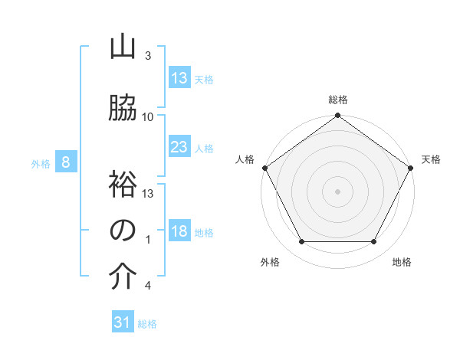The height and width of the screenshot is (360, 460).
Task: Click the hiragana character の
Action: click(x=123, y=231)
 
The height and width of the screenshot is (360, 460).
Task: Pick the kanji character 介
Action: click(x=123, y=277)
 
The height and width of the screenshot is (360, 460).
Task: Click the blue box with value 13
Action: click(x=179, y=78)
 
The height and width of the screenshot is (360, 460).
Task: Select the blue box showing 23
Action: click(x=179, y=147)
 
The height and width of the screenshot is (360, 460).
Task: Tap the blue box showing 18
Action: click(x=179, y=232)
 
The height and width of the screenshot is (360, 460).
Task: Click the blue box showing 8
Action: click(x=67, y=162)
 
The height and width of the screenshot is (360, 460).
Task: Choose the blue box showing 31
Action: click(x=123, y=322)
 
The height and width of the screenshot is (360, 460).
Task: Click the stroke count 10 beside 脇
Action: click(x=148, y=117)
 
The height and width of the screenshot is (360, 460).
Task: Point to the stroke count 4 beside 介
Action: click(x=147, y=286)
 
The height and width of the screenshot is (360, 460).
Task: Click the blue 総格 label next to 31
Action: click(x=147, y=324)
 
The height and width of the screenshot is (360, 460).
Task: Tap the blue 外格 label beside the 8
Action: click(x=41, y=163)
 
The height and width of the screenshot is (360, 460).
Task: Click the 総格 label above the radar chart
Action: click(x=337, y=100)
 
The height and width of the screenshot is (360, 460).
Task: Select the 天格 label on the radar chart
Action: click(x=432, y=159)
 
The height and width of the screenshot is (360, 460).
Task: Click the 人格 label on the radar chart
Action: click(x=245, y=159)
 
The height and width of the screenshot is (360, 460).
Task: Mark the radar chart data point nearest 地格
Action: click(x=373, y=242)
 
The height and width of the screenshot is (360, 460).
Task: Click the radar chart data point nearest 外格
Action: click(x=301, y=242)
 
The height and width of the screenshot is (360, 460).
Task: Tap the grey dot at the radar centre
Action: click(x=337, y=191)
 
